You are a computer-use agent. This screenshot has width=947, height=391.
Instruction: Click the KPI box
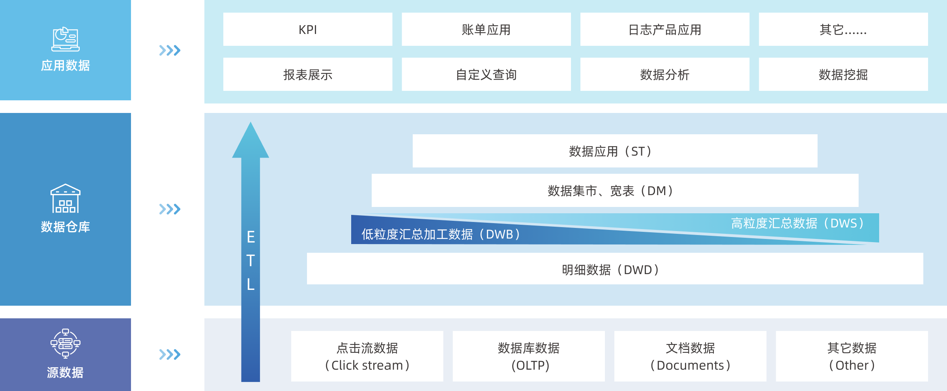(308, 30)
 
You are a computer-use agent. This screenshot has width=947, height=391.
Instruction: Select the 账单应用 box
(486, 30)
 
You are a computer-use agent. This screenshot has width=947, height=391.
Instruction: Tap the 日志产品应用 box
(665, 30)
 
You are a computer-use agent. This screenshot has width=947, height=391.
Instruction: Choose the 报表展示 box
(308, 75)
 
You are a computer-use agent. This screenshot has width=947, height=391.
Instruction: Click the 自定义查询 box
(486, 75)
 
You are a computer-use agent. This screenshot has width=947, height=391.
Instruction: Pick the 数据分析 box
(665, 75)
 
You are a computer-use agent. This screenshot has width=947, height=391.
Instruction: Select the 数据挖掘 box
(843, 75)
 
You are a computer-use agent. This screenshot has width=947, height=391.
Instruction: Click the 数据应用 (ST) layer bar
(615, 151)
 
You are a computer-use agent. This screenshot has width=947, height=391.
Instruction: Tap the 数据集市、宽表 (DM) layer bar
(615, 191)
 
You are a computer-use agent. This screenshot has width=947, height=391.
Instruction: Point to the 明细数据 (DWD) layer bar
(615, 270)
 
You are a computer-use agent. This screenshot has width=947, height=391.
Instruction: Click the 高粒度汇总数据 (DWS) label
(797, 224)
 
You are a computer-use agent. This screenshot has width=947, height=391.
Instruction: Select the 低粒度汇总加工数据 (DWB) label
(440, 235)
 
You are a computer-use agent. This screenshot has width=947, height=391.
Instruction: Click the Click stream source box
(367, 356)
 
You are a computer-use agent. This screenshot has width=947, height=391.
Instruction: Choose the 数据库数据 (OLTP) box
(529, 356)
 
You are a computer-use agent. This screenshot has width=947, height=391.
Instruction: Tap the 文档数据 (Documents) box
(690, 356)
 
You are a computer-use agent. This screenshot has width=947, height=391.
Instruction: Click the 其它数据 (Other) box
(852, 356)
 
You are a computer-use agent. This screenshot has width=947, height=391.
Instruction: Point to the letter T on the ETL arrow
(251, 261)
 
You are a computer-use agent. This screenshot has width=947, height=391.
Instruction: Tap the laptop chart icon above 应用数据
(66, 39)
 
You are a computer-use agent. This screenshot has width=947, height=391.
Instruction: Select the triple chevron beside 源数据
(170, 354)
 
